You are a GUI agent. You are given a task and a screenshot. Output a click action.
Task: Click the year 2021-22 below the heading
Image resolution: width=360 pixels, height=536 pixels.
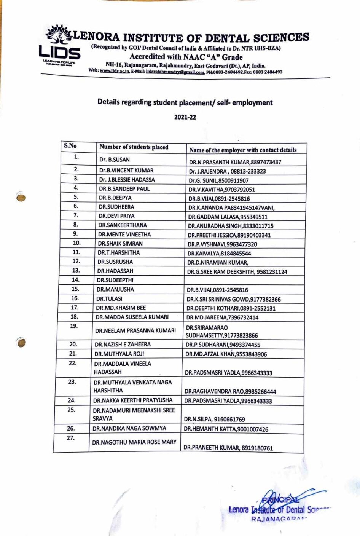pos(185,117)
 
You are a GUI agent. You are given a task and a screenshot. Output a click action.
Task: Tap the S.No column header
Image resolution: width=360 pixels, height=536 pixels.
pos(70,146)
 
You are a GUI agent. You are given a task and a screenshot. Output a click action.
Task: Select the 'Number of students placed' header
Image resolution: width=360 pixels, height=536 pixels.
pos(134,147)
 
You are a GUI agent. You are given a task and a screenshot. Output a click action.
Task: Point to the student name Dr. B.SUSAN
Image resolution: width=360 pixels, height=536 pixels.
pos(114,160)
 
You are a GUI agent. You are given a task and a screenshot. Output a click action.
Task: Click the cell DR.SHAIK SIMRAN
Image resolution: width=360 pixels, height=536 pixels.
pos(120,243)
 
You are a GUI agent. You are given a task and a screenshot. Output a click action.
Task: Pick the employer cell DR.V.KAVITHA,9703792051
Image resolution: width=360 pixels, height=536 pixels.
pos(221,190)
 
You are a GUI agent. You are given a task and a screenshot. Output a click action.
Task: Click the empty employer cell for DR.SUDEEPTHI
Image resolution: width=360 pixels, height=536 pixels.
pos(244,280)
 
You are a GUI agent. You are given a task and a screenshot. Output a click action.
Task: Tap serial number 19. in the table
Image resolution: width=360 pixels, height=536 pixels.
pos(74,326)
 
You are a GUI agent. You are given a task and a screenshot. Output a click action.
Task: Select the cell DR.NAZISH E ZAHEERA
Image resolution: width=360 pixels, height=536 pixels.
pos(123,344)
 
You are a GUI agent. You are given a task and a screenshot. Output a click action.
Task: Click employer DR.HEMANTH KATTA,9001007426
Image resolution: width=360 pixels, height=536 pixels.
pos(226,429)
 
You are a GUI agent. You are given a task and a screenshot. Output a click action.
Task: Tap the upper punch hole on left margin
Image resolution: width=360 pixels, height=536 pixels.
pos(21,197)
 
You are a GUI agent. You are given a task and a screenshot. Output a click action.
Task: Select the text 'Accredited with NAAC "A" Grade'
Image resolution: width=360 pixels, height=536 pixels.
pos(186,57)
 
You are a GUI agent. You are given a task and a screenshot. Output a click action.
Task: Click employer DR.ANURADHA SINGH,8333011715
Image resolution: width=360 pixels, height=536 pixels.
pos(230,226)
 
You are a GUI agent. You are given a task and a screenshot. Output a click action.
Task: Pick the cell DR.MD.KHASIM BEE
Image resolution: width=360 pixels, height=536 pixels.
pos(121,308)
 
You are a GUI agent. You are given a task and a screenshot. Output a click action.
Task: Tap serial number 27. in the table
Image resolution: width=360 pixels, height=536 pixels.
pos(70,438)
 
